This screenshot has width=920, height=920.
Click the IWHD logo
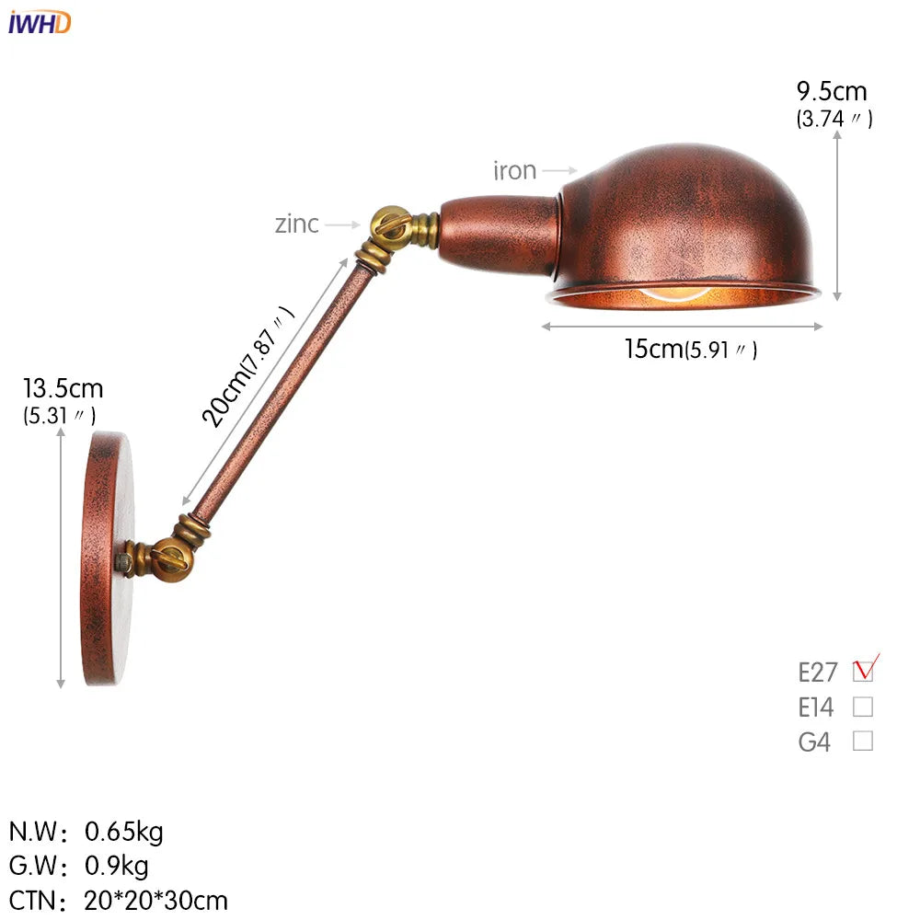(x=39, y=22)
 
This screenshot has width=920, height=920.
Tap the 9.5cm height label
(x=832, y=92)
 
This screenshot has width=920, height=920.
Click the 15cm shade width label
(x=653, y=349)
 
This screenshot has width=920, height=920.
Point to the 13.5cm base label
(x=63, y=388)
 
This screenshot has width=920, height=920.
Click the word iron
(x=514, y=170)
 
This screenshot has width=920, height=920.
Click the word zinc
(x=296, y=224)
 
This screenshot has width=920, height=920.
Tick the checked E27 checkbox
(x=863, y=671)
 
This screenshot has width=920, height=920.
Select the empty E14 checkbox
(x=863, y=707)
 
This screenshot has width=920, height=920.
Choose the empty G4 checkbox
(x=863, y=741)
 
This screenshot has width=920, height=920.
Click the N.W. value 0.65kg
(x=124, y=832)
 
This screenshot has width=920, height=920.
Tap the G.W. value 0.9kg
(x=117, y=866)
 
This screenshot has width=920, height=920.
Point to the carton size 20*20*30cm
(x=156, y=900)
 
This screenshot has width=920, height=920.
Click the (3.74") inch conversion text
(x=834, y=119)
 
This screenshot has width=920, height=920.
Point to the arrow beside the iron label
(x=558, y=170)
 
